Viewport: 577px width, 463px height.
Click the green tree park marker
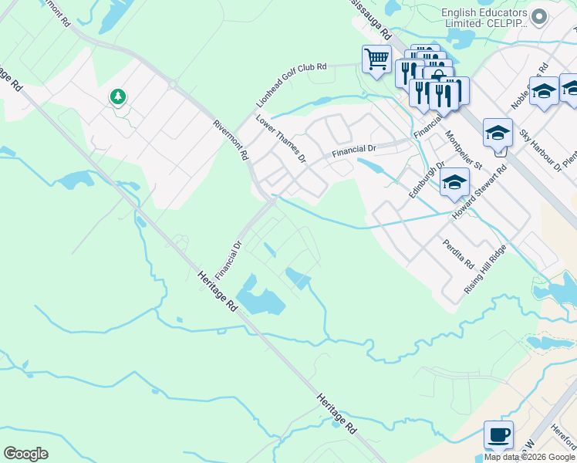point(117,97)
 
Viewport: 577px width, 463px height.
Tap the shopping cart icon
point(376,59)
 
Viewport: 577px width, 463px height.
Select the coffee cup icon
point(498,435)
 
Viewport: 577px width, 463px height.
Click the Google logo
point(25,454)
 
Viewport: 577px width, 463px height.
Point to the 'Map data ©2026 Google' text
point(529,457)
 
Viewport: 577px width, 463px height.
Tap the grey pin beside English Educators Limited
point(540,16)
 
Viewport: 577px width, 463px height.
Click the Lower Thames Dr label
point(281,140)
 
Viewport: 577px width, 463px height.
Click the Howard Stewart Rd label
point(480,190)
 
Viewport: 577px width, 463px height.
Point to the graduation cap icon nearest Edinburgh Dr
point(454,182)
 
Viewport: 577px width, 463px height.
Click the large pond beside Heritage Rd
point(260,297)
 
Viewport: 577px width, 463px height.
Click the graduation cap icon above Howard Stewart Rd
point(498,132)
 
